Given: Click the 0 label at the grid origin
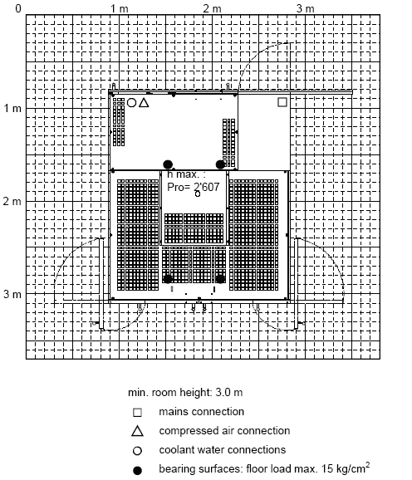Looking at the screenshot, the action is tap(18, 8).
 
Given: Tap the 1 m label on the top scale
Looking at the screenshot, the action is tap(120, 8).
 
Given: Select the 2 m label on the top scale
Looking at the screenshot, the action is tap(212, 8).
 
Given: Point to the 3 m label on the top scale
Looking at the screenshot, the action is tap(305, 8).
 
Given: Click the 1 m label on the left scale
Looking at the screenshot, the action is tap(12, 108).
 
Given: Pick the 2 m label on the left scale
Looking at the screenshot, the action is tap(12, 202).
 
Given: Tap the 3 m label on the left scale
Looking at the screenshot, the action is tap(12, 294).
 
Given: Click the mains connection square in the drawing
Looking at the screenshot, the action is tap(282, 102).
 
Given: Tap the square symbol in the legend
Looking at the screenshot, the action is tap(137, 413).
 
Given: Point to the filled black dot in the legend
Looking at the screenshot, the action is tap(137, 470).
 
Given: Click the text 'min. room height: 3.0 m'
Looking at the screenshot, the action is tap(185, 393).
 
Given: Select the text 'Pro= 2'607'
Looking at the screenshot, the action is tap(194, 187).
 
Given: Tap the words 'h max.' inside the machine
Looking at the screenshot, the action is tap(184, 174).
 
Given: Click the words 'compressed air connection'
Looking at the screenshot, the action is tap(224, 431).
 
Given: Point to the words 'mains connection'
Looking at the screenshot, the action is tap(201, 412).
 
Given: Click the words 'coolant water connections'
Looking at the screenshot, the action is tap(223, 450).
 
